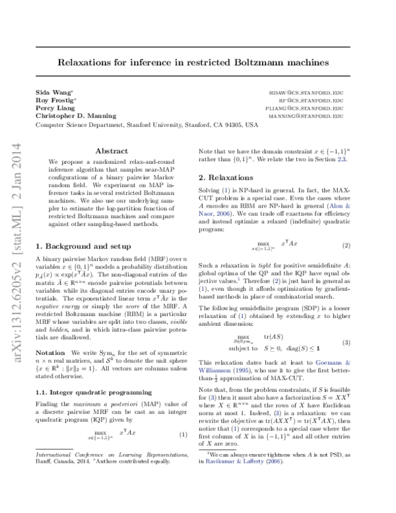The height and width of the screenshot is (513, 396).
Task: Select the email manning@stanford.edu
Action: [307, 116]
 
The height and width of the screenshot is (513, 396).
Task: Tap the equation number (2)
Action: [346, 245]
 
